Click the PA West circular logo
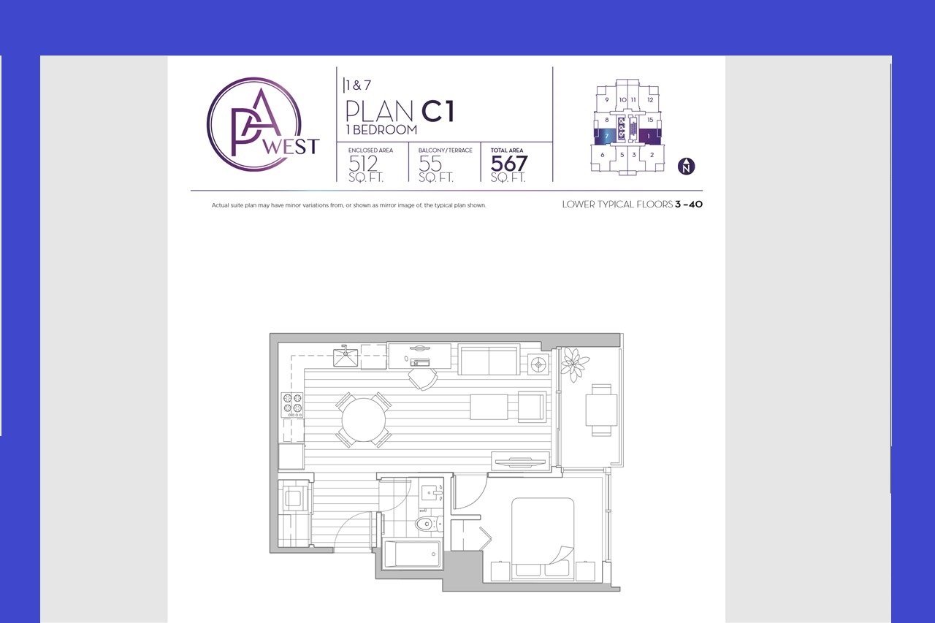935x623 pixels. pyautogui.click(x=254, y=124)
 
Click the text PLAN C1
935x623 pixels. pyautogui.click(x=400, y=112)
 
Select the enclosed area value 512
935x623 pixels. pyautogui.click(x=363, y=163)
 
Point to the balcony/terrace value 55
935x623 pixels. pyautogui.click(x=430, y=163)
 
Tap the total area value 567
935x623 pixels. pyautogui.click(x=509, y=163)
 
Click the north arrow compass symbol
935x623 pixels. pyautogui.click(x=686, y=166)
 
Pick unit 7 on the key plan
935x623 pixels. pyautogui.click(x=606, y=136)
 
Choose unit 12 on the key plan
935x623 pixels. pyautogui.click(x=650, y=100)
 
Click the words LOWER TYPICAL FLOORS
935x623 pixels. pyautogui.click(x=617, y=205)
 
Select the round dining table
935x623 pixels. pyautogui.click(x=364, y=420)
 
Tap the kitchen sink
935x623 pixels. pyautogui.click(x=346, y=358)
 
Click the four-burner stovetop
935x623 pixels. pyautogui.click(x=292, y=405)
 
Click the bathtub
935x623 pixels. pyautogui.click(x=413, y=554)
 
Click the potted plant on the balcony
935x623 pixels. pyautogui.click(x=574, y=364)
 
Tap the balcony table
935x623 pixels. pyautogui.click(x=601, y=410)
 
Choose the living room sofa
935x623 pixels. pyautogui.click(x=489, y=359)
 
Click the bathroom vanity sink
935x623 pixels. pyautogui.click(x=432, y=492)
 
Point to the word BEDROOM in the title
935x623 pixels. pyautogui.click(x=385, y=130)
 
